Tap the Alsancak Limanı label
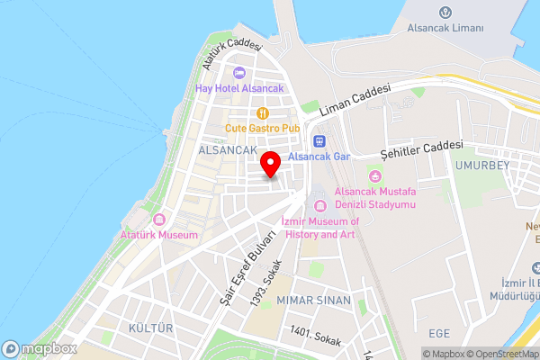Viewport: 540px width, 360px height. (445, 28)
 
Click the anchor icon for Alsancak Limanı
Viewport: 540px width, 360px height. (445, 12)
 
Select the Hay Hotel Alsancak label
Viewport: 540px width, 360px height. (239, 88)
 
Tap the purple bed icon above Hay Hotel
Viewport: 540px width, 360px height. (239, 73)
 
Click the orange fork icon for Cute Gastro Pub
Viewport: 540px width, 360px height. (263, 113)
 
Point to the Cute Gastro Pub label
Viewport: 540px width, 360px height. (263, 129)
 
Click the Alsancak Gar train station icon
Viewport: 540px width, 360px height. (318, 141)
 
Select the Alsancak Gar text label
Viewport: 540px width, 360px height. (319, 157)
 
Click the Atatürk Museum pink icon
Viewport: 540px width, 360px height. (159, 220)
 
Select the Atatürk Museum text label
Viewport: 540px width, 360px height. (158, 235)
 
